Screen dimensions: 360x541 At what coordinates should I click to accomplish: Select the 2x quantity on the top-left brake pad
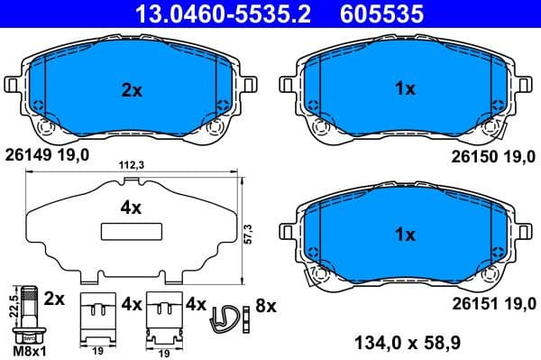(x=131, y=89)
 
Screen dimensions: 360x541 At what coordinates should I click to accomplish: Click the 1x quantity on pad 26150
(x=405, y=89)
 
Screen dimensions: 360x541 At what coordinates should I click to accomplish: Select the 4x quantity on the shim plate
(x=131, y=208)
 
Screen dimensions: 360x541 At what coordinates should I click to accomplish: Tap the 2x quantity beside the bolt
(x=55, y=298)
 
